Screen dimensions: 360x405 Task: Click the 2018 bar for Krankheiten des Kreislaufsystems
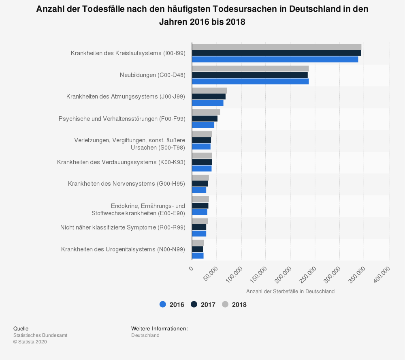coord(277,47)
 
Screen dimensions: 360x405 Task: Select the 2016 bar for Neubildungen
coord(250,81)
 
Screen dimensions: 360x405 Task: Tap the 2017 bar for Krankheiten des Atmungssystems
coord(209,96)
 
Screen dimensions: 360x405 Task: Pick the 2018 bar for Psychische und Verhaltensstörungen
coord(206,112)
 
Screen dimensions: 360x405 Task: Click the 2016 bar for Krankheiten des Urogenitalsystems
coord(198,256)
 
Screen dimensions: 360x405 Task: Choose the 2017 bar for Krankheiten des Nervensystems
coord(200,184)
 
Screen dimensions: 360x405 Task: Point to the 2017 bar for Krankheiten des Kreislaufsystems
coord(276,53)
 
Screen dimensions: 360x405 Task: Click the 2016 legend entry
coord(172,304)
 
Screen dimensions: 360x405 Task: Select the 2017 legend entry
coord(203,304)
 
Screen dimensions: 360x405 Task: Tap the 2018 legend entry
coord(234,304)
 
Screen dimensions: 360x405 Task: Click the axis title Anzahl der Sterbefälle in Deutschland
coord(290,291)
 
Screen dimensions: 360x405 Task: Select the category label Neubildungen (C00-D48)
coord(152,75)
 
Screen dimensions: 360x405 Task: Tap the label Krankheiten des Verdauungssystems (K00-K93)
coord(121,162)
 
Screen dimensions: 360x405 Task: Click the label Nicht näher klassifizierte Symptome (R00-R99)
coord(123,227)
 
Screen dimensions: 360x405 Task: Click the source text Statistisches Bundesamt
coord(40,335)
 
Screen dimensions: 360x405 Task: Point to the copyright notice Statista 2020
coord(30,342)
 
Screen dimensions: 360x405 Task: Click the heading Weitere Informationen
coord(159,328)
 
